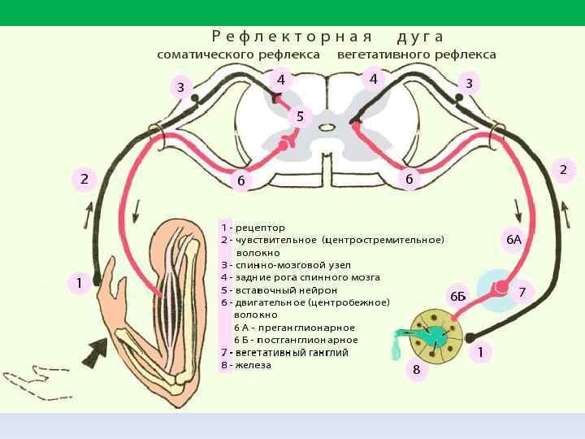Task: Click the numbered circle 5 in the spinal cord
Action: tap(300, 116)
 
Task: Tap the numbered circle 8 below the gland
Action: tap(417, 370)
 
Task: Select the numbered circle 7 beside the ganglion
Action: tap(522, 291)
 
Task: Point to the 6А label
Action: tap(513, 239)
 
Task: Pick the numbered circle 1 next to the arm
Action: tap(79, 283)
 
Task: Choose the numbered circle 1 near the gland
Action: tap(480, 352)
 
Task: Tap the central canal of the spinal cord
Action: tap(327, 127)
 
